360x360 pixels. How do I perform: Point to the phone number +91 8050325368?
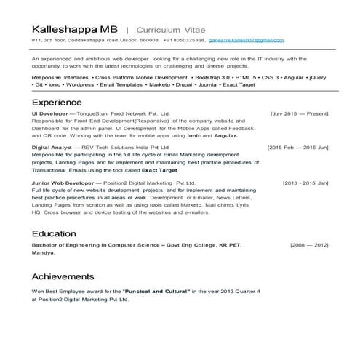click(185, 40)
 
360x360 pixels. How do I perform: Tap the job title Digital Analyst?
click(51, 148)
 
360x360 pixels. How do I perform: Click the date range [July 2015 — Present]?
click(299, 114)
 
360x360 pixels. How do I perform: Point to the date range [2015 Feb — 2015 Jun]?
click(297, 148)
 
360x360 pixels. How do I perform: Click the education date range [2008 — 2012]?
click(309, 246)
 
